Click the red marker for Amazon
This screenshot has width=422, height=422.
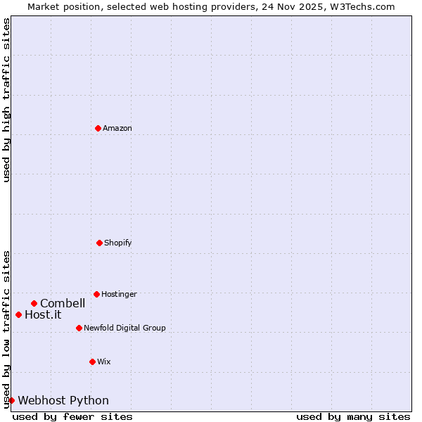(98, 128)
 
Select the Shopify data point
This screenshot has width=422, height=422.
(99, 243)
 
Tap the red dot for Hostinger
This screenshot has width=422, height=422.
(96, 294)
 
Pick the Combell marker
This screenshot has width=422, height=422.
(34, 303)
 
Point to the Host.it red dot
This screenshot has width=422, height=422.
(18, 314)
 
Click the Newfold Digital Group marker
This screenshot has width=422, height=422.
(79, 328)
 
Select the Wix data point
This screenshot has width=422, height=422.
(92, 362)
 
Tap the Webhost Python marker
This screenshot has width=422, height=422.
(11, 400)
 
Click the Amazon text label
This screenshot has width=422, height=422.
(117, 128)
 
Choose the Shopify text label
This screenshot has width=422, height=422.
(117, 243)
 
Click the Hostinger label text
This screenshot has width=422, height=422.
(119, 294)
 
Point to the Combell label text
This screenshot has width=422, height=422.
(63, 303)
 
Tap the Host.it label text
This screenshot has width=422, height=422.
(43, 314)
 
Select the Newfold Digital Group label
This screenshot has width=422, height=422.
(124, 328)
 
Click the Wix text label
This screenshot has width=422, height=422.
(103, 362)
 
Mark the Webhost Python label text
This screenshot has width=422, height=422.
(63, 400)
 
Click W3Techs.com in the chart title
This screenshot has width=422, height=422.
(363, 6)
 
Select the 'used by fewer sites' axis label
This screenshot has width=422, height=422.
(72, 416)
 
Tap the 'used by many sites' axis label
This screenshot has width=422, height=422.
(353, 416)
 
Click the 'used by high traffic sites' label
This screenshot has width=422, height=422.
(6, 100)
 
